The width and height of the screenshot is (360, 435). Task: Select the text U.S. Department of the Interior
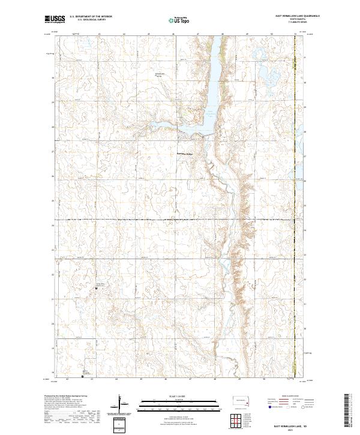91,17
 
